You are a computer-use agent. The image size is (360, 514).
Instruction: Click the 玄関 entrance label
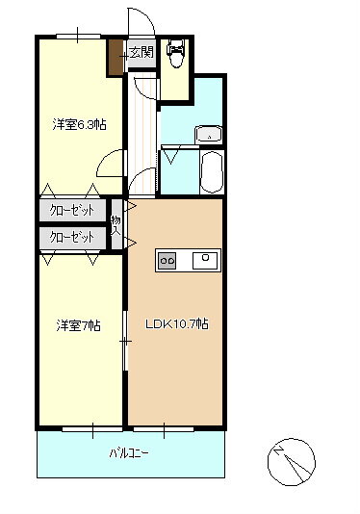point(141,52)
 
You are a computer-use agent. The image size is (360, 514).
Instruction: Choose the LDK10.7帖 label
point(176,324)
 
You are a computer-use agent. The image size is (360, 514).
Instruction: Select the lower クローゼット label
point(72,236)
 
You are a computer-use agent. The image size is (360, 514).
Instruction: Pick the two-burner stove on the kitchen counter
point(167,260)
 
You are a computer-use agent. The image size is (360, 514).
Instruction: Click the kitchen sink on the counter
point(204,259)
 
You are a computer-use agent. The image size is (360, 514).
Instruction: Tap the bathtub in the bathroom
point(210,171)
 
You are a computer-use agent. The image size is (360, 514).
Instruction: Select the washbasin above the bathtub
point(209,135)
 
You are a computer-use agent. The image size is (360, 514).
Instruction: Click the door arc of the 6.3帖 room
point(113,165)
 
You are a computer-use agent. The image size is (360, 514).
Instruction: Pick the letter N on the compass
point(279,450)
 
